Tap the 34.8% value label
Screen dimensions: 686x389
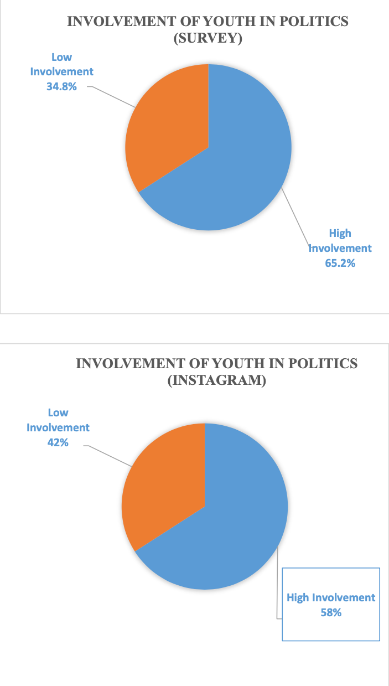(61, 86)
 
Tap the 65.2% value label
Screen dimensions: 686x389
(340, 263)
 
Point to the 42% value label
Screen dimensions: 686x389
(58, 442)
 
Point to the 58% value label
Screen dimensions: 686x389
(331, 613)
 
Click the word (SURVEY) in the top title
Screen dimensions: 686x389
(208, 40)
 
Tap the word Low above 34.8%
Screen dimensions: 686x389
(61, 57)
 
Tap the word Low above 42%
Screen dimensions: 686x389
(58, 412)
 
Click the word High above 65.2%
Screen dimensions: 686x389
(340, 233)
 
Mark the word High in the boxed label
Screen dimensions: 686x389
(298, 598)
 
